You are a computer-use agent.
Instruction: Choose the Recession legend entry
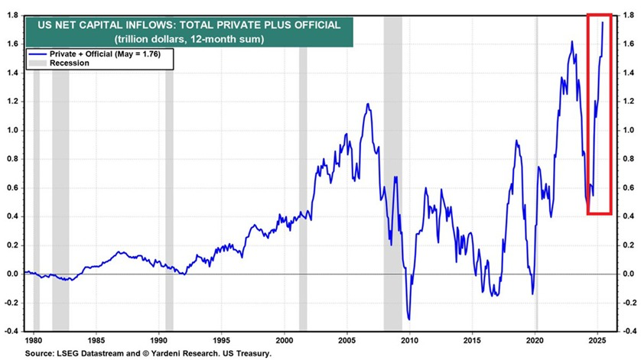70,63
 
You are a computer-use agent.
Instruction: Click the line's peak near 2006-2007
368,104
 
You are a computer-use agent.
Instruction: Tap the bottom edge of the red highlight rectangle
599,213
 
